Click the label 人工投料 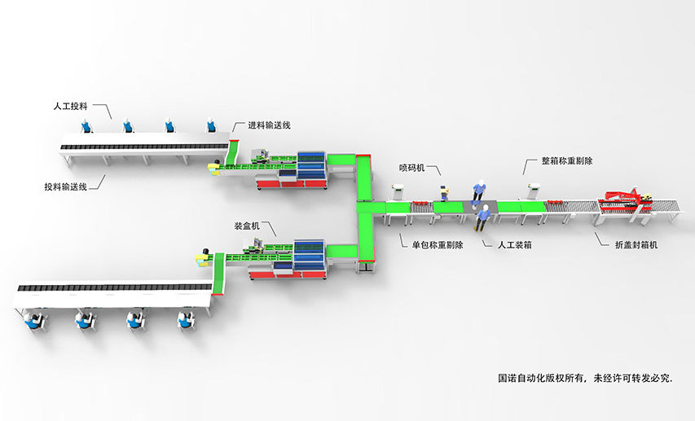70,106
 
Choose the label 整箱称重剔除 566,162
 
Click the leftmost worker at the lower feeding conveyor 33,318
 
